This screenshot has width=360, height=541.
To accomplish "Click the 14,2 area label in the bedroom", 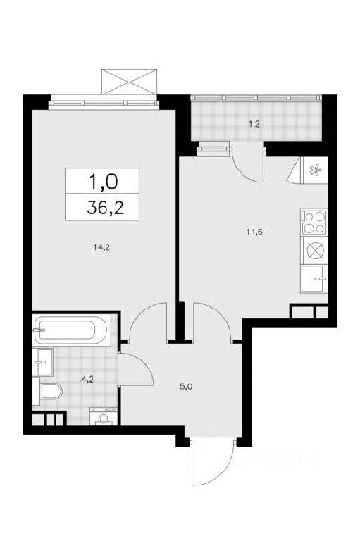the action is point(101,247).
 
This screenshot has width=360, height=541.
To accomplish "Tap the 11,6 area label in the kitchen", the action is point(254,232).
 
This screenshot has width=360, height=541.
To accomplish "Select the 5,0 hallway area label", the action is point(185,387).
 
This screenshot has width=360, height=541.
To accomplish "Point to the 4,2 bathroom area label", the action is point(87,380).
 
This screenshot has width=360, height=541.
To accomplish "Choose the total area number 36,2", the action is point(105,208).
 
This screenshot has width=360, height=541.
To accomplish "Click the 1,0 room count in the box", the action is point(104,181).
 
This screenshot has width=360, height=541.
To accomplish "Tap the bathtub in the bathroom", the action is point(71,330).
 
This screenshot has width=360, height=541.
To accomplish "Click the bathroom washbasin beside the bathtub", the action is point(43,361).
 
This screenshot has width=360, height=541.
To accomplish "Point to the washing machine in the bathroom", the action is point(103,416).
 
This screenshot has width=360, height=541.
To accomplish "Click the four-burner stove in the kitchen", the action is point(314,222).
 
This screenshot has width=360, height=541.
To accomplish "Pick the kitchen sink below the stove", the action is point(314,279).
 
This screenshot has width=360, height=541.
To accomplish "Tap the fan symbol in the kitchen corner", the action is point(314,170).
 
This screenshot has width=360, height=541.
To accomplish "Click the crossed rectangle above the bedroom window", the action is point(130,82).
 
